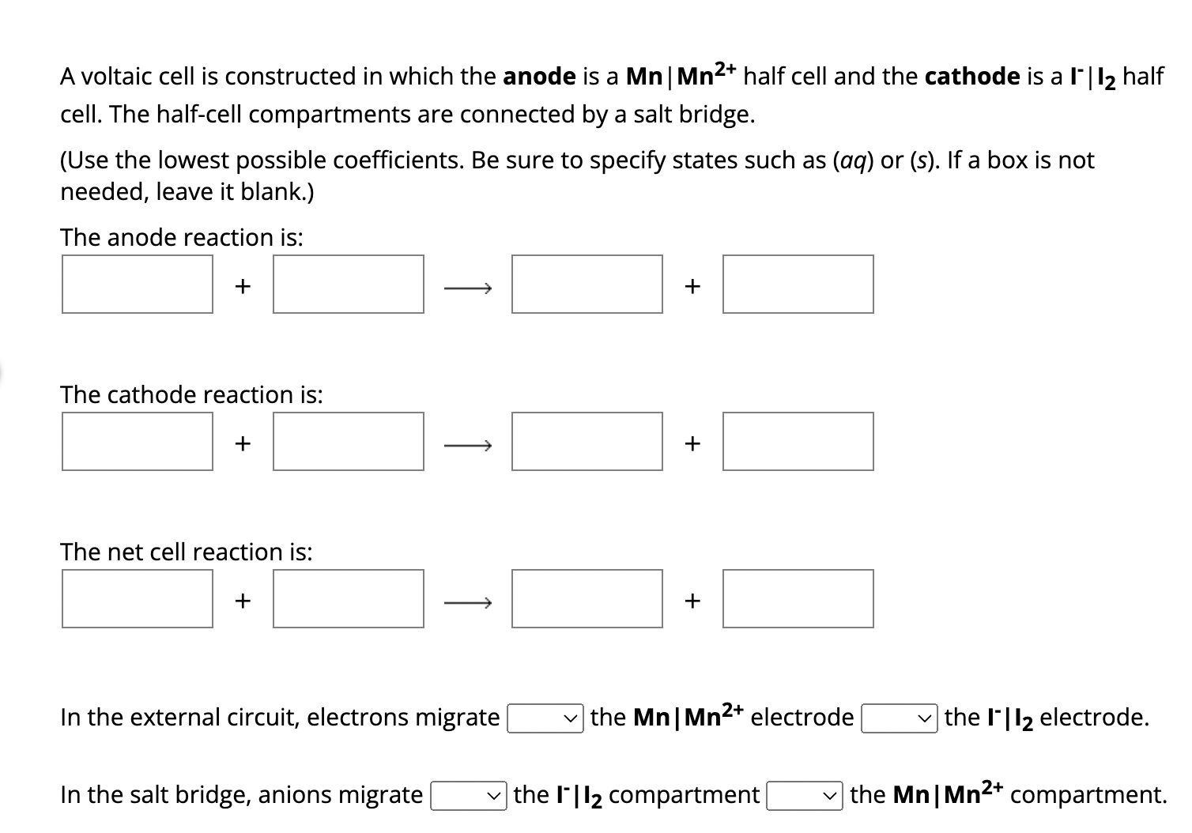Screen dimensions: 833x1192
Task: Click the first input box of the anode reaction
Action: click(x=138, y=284)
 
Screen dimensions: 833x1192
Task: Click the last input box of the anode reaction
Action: click(x=798, y=284)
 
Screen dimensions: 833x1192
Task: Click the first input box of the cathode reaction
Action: click(x=138, y=441)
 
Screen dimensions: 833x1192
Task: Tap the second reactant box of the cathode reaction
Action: click(x=349, y=441)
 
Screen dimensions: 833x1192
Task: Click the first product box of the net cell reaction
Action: click(x=587, y=598)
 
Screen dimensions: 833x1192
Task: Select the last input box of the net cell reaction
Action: click(x=798, y=598)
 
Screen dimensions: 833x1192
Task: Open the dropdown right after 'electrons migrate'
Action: click(x=545, y=718)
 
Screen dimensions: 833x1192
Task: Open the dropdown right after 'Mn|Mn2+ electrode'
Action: click(x=900, y=718)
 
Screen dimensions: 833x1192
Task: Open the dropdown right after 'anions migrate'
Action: click(x=468, y=796)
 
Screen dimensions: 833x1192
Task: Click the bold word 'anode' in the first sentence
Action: click(x=539, y=77)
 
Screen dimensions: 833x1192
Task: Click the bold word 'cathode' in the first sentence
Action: click(x=971, y=77)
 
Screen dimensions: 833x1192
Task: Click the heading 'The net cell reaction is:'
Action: click(x=187, y=552)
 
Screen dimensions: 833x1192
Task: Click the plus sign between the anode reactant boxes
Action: click(x=243, y=285)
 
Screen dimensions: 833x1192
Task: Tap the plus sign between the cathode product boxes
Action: click(x=692, y=443)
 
